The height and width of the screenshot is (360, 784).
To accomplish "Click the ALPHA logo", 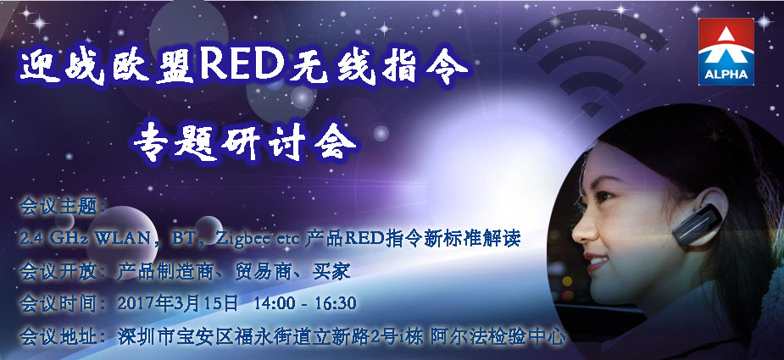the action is (726, 52).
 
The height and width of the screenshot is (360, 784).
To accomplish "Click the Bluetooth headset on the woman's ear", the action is (697, 224).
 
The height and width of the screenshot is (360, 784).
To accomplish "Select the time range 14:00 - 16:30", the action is (305, 303).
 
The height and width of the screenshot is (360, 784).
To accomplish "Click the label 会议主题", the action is (57, 207).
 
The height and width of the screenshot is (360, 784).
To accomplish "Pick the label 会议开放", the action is (57, 272).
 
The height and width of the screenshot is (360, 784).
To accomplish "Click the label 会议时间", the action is (57, 303).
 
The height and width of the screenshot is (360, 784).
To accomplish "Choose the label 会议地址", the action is (57, 336).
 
